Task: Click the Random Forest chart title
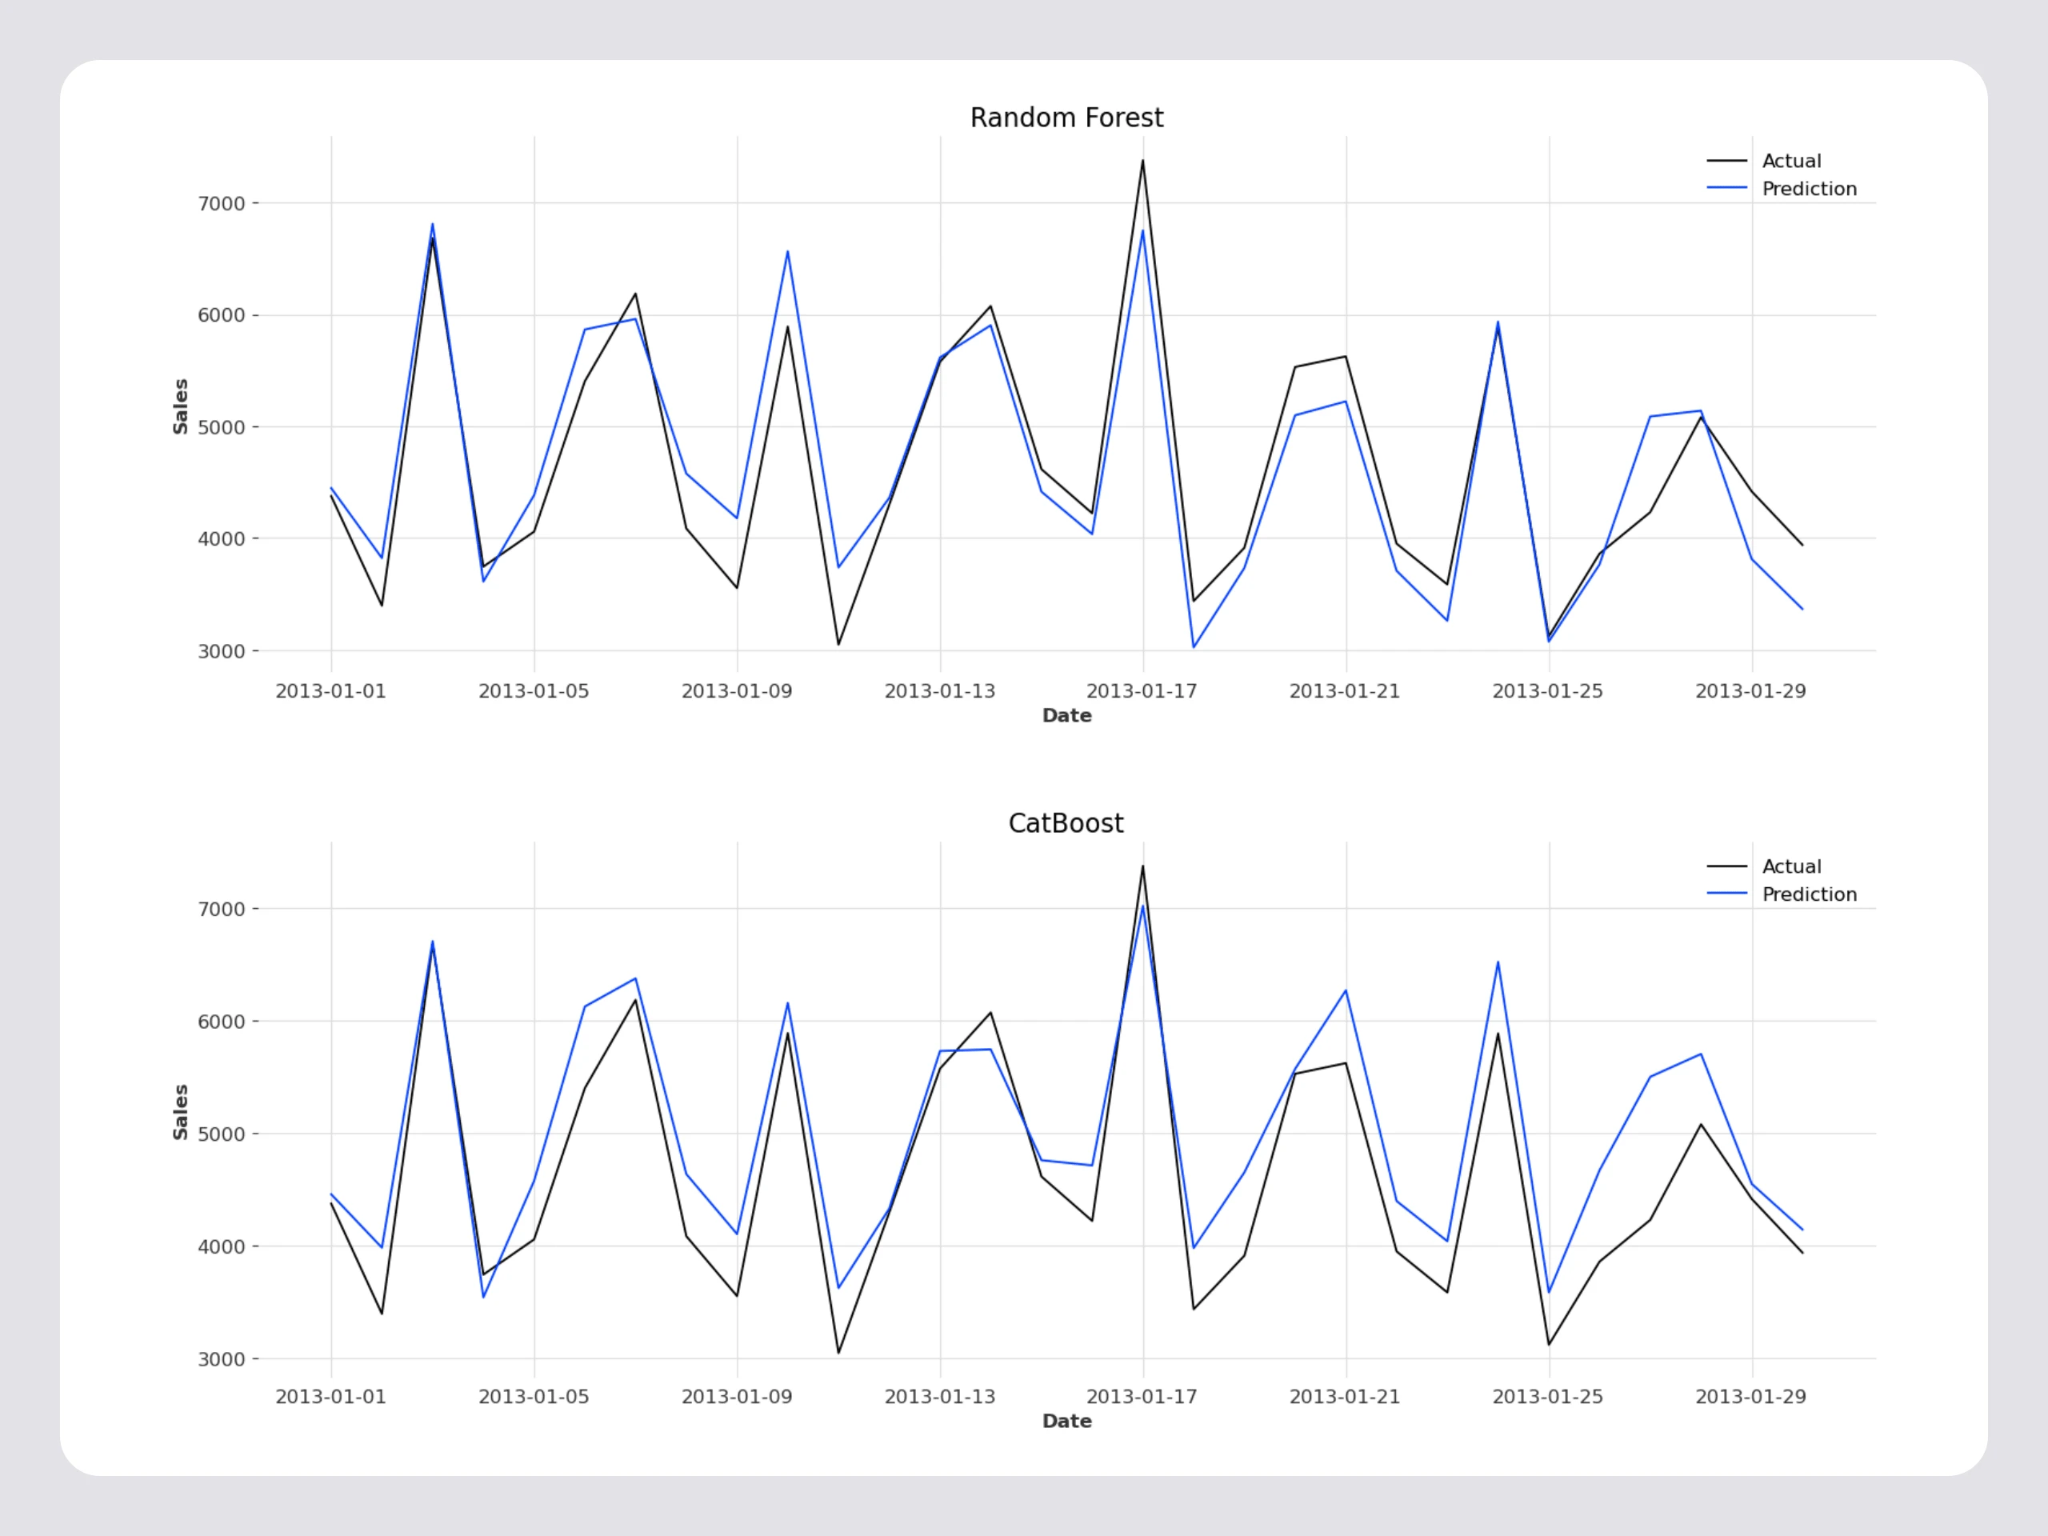click(x=1066, y=118)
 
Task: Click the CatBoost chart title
click(x=1066, y=824)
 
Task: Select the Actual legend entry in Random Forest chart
click(x=1790, y=161)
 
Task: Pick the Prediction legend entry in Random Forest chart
click(x=1808, y=189)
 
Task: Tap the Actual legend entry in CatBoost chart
click(x=1790, y=866)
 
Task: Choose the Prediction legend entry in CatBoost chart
click(x=1808, y=894)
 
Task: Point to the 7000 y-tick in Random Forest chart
click(x=222, y=204)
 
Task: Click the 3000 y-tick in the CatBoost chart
click(x=222, y=1359)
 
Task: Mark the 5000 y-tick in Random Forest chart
click(x=222, y=428)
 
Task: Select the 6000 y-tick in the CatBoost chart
click(x=222, y=1022)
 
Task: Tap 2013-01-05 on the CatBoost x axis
click(x=534, y=1397)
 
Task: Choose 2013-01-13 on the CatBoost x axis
click(x=940, y=1397)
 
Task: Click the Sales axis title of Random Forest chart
click(x=181, y=406)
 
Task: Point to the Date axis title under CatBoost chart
click(x=1066, y=1421)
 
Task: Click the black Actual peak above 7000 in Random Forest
click(x=1142, y=161)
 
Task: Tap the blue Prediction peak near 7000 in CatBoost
click(x=1142, y=906)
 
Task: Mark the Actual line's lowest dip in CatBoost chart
click(x=839, y=1353)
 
